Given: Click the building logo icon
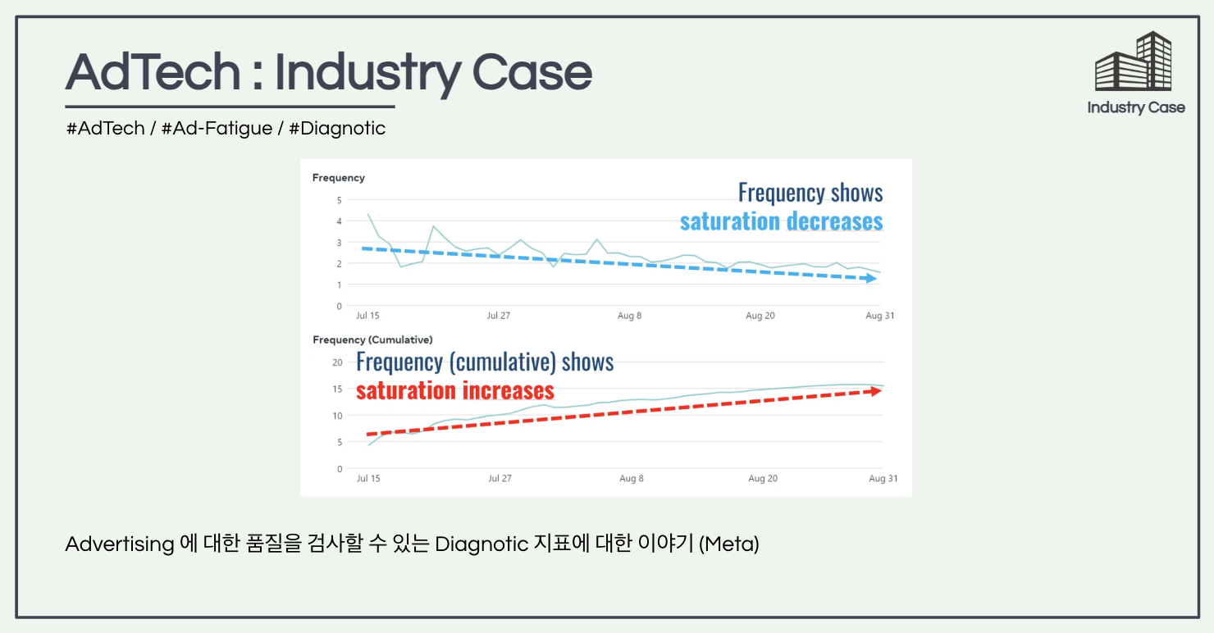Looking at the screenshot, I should [x=1134, y=61].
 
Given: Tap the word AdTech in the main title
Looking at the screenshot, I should [x=153, y=72].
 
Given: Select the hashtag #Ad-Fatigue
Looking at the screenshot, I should [x=217, y=129].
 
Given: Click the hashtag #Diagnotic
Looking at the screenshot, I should [x=337, y=129].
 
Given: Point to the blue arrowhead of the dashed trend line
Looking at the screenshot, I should [x=871, y=279].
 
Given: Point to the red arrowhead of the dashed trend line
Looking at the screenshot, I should [x=875, y=391].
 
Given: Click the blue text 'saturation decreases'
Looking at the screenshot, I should [x=781, y=221].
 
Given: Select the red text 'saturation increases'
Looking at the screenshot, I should [x=455, y=390].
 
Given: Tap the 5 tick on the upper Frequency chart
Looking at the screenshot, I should [x=339, y=200].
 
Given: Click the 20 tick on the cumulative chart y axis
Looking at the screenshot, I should [x=337, y=362].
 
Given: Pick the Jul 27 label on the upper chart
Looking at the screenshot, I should [x=500, y=316].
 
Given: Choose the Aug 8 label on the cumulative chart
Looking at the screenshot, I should [x=631, y=478].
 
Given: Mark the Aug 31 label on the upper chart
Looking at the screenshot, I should [x=879, y=316].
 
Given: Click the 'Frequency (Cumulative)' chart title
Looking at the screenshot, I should [x=372, y=339].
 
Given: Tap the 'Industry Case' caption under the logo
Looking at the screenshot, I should [x=1136, y=107].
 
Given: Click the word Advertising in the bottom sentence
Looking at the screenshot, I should [x=120, y=544].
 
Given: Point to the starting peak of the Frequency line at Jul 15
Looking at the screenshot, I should [x=368, y=214].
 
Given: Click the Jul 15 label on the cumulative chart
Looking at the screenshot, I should [x=369, y=478].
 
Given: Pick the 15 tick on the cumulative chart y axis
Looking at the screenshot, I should [x=337, y=389].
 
